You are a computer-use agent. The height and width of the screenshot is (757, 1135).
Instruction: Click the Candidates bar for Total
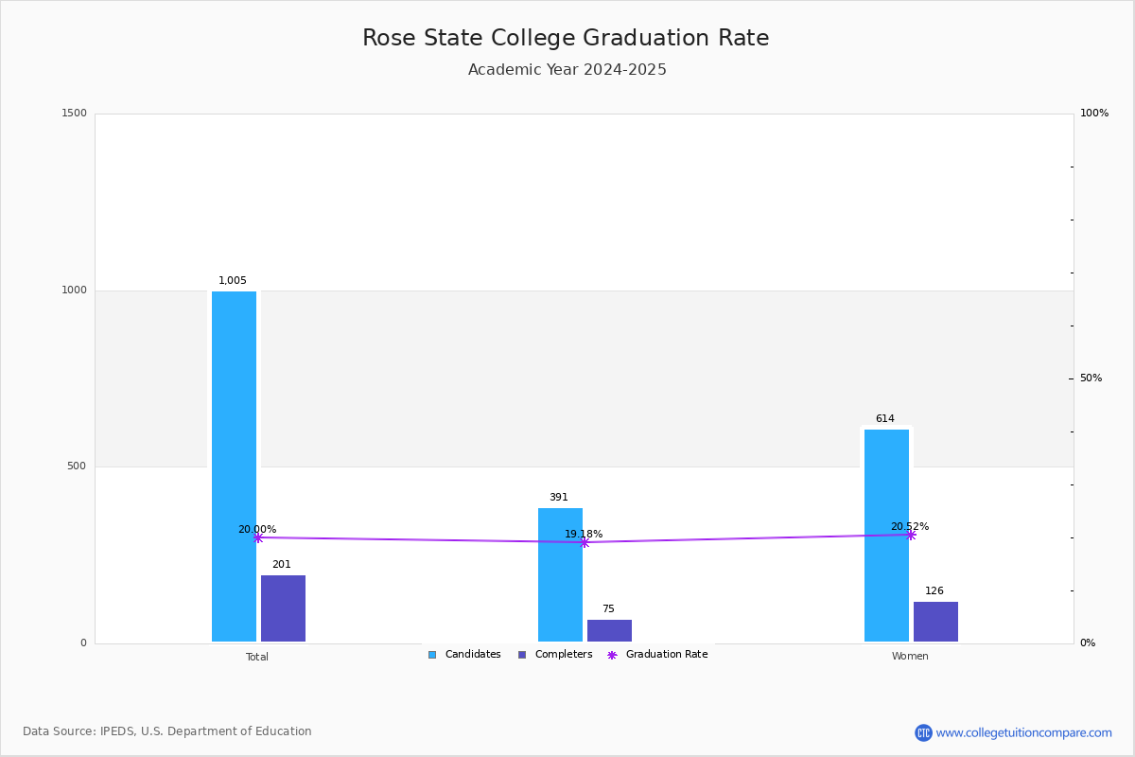235,467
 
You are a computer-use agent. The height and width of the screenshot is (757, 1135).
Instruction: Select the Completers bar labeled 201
283,608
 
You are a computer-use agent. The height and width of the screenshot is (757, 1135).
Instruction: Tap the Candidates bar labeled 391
560,575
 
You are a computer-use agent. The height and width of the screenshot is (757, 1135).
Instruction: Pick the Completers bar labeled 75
609,631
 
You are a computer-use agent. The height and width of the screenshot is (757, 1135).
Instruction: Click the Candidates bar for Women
887,536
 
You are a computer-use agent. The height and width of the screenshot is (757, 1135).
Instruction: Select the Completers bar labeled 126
935,622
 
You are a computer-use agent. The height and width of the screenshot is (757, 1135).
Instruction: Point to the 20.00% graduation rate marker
258,538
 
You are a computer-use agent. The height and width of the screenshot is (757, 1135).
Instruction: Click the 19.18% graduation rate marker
585,542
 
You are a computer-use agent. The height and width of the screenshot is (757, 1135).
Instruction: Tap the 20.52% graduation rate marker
911,535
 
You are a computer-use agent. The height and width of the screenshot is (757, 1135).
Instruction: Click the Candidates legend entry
464,655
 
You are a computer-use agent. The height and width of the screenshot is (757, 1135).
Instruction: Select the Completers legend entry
555,655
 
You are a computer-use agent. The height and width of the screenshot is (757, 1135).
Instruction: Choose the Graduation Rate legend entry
657,655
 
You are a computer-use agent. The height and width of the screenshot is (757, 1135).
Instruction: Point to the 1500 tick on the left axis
74,113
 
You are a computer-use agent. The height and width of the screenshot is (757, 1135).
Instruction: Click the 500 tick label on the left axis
77,466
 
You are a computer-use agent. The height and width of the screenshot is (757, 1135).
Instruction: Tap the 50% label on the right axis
1091,378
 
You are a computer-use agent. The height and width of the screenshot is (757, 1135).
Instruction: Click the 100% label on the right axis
1094,113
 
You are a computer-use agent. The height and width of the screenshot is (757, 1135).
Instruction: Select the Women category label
910,656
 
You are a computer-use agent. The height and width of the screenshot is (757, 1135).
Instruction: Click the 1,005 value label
233,280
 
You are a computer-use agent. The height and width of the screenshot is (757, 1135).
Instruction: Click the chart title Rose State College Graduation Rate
566,38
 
